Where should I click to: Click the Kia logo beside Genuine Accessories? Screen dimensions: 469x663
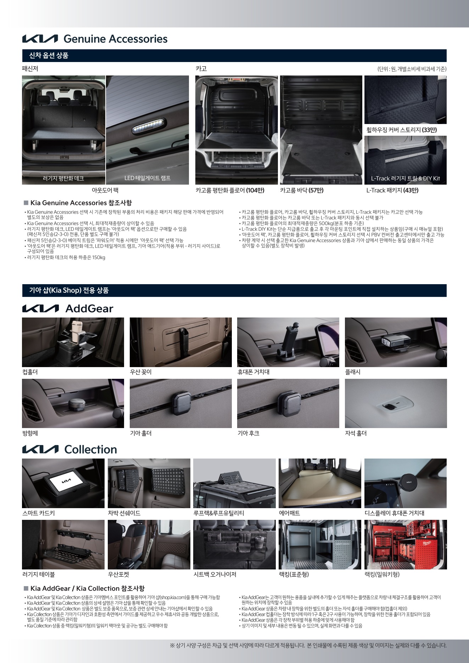[x=40, y=39]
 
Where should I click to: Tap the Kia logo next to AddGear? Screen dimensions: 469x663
[x=40, y=309]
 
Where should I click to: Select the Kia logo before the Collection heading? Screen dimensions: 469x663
[x=40, y=449]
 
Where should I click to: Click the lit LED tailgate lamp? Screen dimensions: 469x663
[x=149, y=127]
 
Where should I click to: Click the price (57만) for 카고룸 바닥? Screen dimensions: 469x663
[x=316, y=190]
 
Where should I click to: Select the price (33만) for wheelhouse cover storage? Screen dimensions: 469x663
[x=430, y=130]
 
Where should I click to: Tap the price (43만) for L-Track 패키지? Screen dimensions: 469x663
[x=411, y=190]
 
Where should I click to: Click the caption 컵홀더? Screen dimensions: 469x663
[x=30, y=372]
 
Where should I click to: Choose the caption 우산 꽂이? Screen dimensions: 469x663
[x=141, y=372]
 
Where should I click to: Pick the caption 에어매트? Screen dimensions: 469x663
[x=289, y=513]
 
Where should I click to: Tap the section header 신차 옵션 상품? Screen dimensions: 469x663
[x=49, y=56]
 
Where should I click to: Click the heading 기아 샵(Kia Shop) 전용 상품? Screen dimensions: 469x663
[x=69, y=291]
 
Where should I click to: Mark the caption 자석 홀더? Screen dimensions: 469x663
[x=356, y=433]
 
